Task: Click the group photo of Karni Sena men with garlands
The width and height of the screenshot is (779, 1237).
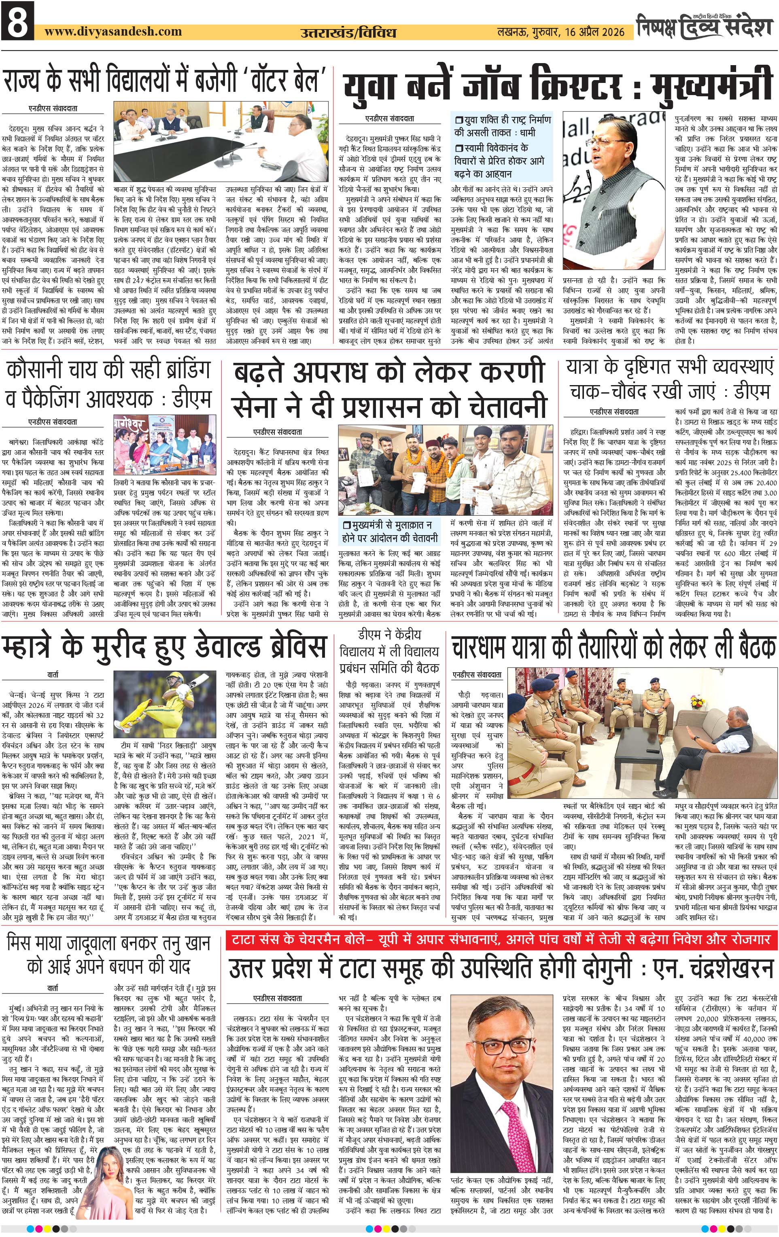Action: (446, 470)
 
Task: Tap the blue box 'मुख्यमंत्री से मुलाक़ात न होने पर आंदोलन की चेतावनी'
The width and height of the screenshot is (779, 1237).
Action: (391, 531)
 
